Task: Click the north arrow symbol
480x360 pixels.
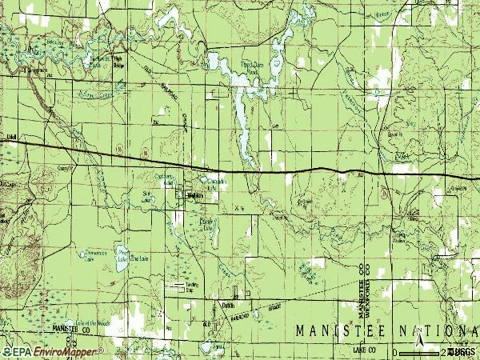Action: (421, 346)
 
